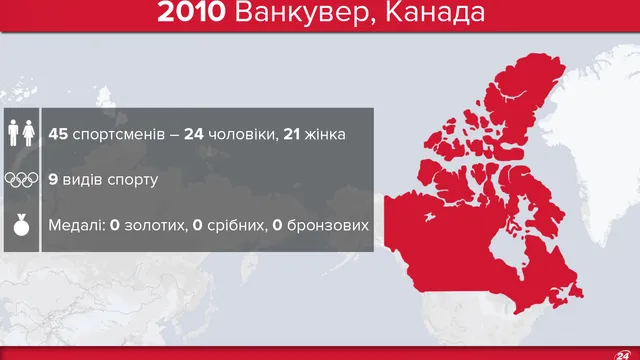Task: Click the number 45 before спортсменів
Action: click(x=60, y=132)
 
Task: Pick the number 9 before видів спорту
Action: click(x=53, y=180)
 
